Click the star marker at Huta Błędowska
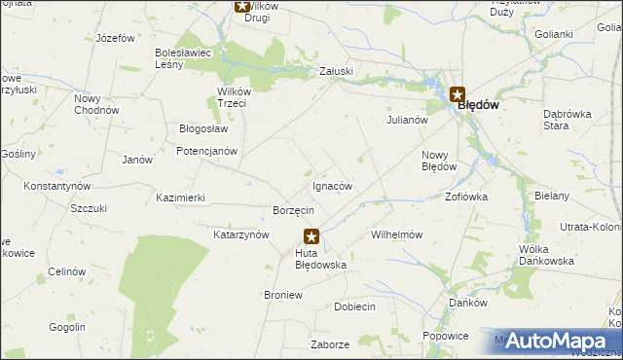[x=311, y=235]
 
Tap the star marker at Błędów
[x=457, y=94]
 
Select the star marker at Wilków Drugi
[x=242, y=6]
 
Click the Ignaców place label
[x=332, y=186]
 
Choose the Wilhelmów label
[x=396, y=234]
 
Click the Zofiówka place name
[x=466, y=196]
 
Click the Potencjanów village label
[x=206, y=152]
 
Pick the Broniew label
[x=282, y=294]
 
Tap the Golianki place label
[x=553, y=34]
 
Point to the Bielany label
[x=552, y=196]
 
